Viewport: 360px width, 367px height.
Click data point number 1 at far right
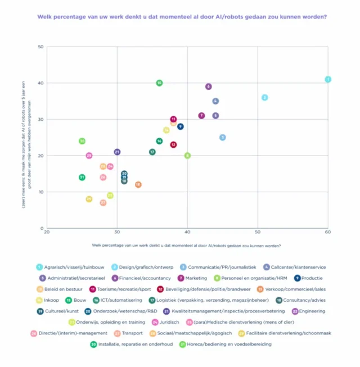(x=328, y=79)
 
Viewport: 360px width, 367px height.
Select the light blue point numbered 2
(x=264, y=97)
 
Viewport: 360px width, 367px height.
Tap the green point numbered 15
(x=159, y=83)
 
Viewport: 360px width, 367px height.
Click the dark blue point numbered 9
(x=180, y=126)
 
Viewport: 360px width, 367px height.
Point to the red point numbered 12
(x=173, y=144)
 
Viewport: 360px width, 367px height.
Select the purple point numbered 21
(x=117, y=152)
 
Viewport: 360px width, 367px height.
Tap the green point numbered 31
(x=82, y=177)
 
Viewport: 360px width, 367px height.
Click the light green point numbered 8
(x=187, y=155)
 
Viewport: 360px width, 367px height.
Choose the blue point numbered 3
(x=222, y=137)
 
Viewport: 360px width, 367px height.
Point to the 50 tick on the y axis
(x=40, y=47)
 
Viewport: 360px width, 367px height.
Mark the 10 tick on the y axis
(x=40, y=192)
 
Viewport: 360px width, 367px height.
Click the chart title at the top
(x=182, y=16)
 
